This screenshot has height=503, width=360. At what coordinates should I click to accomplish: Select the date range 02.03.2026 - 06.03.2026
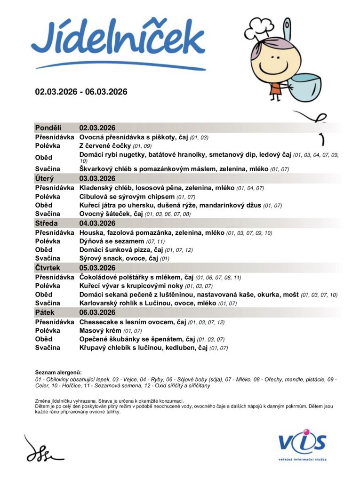point(81,92)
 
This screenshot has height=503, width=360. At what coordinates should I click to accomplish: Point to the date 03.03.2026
point(97,178)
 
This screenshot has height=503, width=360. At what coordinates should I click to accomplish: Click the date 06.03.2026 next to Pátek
point(97,312)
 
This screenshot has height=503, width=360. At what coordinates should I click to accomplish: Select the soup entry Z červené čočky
point(105,146)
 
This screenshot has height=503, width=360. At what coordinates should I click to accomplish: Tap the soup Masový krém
point(97,331)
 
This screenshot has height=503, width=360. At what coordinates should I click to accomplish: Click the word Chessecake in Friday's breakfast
point(96,322)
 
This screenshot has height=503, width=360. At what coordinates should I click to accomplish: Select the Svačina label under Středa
point(48,258)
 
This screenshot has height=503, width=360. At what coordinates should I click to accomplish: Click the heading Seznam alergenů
point(58,373)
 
